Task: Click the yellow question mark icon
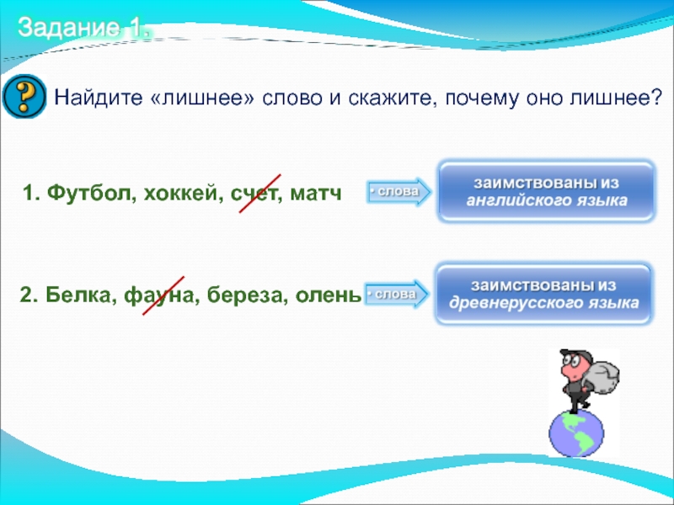[24, 97]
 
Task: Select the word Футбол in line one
[88, 193]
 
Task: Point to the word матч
[315, 194]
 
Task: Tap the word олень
[329, 295]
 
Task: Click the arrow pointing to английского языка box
[399, 192]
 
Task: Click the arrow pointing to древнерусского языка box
[396, 294]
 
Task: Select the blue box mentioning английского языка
[546, 191]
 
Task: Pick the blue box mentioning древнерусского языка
[543, 294]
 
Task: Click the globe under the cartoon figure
[576, 433]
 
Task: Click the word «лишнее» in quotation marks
[203, 98]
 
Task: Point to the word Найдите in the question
[98, 97]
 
